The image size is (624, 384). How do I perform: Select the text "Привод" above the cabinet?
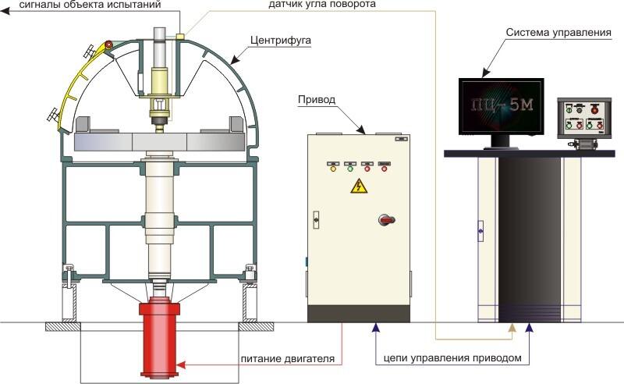coord(316,100)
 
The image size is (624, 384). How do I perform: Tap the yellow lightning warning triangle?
coord(359,186)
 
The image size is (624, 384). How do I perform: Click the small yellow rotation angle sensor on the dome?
coord(179,35)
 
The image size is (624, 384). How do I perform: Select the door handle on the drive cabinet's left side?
coord(316,221)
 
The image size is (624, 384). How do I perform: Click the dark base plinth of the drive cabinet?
coord(359,312)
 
